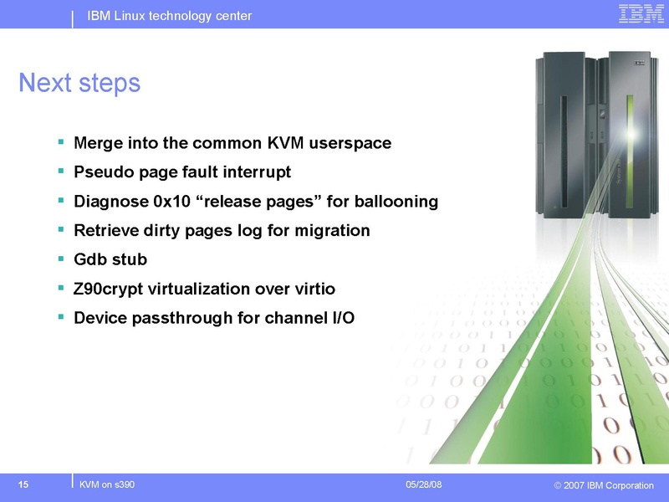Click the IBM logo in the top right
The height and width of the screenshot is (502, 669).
(x=641, y=13)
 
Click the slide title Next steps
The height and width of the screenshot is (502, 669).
(x=79, y=84)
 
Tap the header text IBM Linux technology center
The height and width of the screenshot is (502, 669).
(x=169, y=17)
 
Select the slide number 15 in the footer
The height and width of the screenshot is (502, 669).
(x=23, y=485)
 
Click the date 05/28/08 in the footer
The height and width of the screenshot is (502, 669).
(x=424, y=485)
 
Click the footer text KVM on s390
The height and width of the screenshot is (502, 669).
(x=107, y=485)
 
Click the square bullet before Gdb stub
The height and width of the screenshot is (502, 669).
(x=61, y=259)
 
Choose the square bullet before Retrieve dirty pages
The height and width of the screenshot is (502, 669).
(x=61, y=229)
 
